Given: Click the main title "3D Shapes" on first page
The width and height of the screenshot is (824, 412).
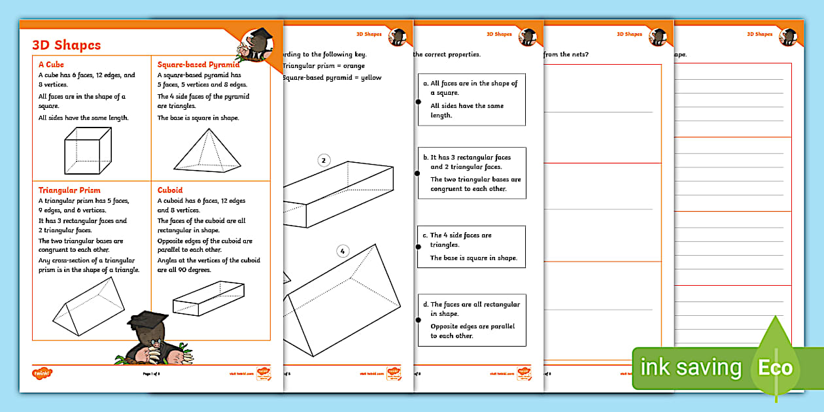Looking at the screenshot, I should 67,45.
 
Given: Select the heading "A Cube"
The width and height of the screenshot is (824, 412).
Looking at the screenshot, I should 51,65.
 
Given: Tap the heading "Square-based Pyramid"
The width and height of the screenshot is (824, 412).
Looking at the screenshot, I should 198,65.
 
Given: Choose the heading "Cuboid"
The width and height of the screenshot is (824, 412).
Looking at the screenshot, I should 170,190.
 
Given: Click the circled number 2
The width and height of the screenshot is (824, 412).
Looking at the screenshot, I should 323,160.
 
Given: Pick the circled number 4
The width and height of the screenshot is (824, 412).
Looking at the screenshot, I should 343,250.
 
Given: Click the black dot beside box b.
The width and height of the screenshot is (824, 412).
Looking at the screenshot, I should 418,173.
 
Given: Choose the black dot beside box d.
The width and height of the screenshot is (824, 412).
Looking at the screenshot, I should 418,320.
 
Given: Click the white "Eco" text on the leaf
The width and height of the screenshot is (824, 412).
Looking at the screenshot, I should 775,368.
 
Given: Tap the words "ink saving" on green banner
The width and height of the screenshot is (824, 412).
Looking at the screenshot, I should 691,368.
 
